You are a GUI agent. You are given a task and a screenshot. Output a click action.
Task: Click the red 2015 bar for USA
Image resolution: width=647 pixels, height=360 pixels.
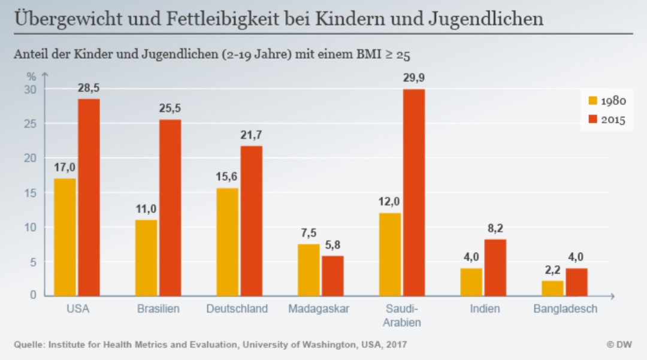89,197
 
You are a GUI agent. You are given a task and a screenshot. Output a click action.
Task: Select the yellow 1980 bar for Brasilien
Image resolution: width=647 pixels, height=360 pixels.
146,258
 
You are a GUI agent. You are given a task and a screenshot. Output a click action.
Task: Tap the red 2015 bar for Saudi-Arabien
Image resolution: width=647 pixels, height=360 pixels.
414,192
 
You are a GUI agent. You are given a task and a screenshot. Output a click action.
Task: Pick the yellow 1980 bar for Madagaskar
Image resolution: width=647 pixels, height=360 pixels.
309,270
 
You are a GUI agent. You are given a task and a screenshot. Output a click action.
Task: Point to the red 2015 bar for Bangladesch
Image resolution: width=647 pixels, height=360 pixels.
576,282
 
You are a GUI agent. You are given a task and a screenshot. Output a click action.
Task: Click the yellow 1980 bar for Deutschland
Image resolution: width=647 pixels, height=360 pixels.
227,241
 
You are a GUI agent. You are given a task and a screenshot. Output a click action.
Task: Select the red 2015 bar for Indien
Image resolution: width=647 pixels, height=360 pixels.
495,267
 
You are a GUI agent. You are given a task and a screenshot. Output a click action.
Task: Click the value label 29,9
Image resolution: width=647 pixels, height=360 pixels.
414,78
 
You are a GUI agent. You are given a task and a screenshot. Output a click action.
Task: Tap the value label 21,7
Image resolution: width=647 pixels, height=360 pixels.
252,135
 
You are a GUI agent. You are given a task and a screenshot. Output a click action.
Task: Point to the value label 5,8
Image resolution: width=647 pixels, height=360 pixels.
332,244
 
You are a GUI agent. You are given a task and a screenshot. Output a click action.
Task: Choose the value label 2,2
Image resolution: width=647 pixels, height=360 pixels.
552,270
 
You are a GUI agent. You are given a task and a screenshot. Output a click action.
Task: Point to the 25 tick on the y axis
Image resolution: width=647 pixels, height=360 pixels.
31,124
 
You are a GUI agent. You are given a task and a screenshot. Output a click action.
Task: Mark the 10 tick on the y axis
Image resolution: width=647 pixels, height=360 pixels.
31,228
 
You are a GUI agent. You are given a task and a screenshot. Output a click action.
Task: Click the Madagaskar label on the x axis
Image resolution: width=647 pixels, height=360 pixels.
319,310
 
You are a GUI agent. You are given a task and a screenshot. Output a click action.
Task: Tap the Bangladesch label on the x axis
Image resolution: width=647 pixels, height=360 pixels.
566,310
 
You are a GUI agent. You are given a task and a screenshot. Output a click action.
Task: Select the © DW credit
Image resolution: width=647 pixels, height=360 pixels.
619,345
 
